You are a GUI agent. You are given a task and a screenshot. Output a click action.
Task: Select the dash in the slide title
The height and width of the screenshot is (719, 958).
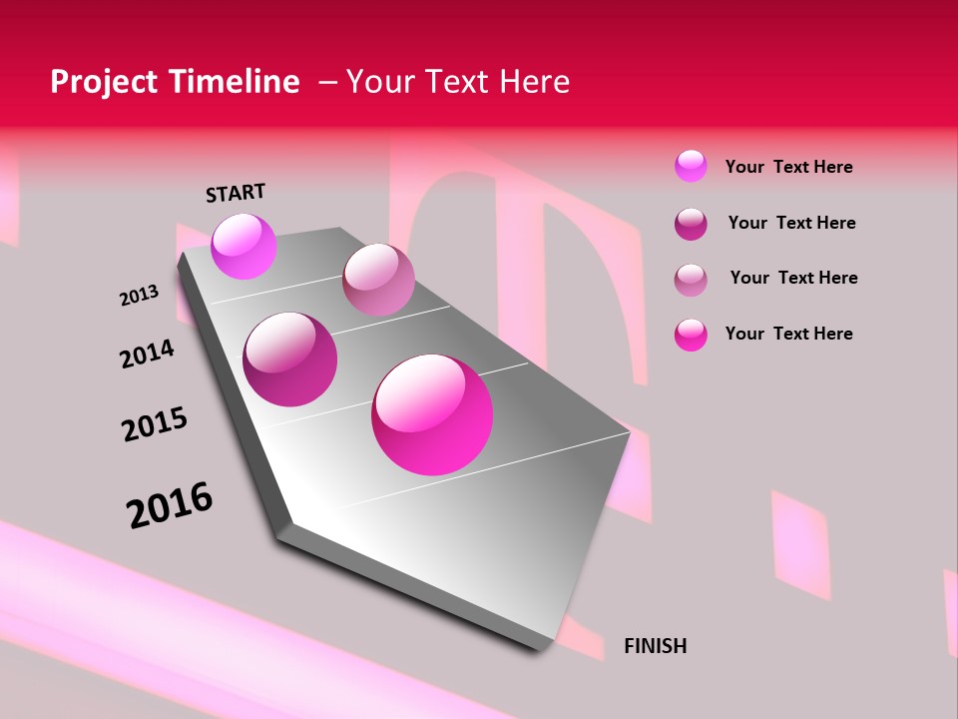point(327,82)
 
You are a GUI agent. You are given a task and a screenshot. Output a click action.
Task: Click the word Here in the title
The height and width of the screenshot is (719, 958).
point(534,82)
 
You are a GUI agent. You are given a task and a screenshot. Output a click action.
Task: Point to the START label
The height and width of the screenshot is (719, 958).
point(236,193)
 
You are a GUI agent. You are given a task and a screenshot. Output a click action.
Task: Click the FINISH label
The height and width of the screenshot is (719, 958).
point(655,646)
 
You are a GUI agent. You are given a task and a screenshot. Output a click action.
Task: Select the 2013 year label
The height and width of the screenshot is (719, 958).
point(139,296)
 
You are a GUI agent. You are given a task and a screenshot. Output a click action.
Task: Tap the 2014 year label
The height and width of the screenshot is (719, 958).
point(147,354)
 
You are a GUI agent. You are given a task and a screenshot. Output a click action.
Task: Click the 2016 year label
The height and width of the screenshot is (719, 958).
point(170,505)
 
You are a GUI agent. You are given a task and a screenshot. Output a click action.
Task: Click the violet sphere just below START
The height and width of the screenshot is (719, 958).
point(243,247)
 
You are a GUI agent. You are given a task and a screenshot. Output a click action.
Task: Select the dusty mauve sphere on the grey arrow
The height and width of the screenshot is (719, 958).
point(378,280)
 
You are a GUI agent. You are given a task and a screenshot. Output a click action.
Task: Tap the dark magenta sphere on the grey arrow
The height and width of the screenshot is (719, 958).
point(290,359)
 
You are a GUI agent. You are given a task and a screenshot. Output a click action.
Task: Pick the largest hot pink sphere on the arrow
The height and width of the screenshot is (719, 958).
point(432,414)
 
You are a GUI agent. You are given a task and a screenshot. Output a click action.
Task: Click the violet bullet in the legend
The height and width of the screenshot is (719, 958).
point(691,166)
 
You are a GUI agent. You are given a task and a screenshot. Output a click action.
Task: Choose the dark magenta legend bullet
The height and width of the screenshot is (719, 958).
point(691,224)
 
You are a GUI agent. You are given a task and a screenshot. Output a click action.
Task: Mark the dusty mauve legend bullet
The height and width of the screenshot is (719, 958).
point(691,280)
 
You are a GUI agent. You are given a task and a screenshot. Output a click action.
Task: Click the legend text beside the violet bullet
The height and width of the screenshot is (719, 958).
point(788,167)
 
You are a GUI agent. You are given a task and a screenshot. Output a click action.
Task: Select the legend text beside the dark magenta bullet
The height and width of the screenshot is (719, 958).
point(791,223)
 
